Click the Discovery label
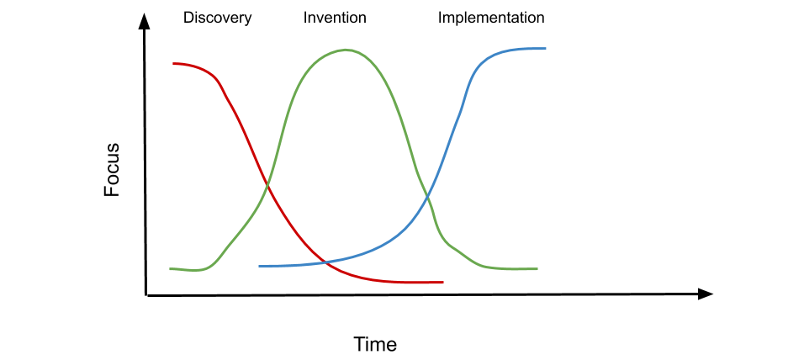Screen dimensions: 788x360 click(217, 19)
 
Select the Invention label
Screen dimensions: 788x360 click(335, 19)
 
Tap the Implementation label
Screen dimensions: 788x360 click(491, 19)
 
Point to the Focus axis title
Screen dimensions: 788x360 click(112, 169)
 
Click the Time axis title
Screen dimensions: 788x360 click(375, 344)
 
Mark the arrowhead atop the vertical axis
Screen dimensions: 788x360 click(145, 21)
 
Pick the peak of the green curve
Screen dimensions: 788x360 click(346, 50)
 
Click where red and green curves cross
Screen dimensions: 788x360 click(267, 187)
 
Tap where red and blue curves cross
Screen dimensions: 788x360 click(326, 262)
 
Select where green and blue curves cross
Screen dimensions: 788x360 click(427, 198)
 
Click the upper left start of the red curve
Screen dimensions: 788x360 click(173, 63)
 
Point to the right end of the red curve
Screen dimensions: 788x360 click(442, 282)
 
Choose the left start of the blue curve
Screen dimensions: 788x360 click(259, 266)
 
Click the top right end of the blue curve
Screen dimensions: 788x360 click(545, 48)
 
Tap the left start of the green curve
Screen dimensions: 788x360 click(171, 269)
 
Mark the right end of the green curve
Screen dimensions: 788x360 click(537, 269)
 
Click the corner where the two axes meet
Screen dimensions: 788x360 click(146, 295)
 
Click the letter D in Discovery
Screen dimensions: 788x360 click(188, 19)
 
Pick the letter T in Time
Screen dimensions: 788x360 click(360, 344)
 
